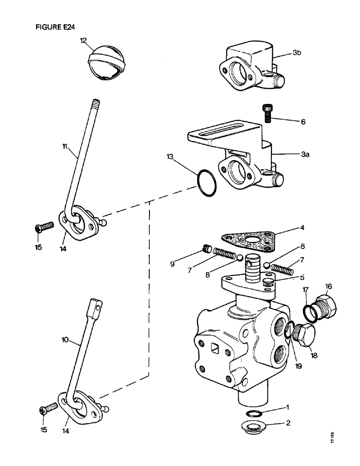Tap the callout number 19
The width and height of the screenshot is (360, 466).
[299, 366]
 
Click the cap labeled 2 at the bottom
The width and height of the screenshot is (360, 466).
[253, 426]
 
